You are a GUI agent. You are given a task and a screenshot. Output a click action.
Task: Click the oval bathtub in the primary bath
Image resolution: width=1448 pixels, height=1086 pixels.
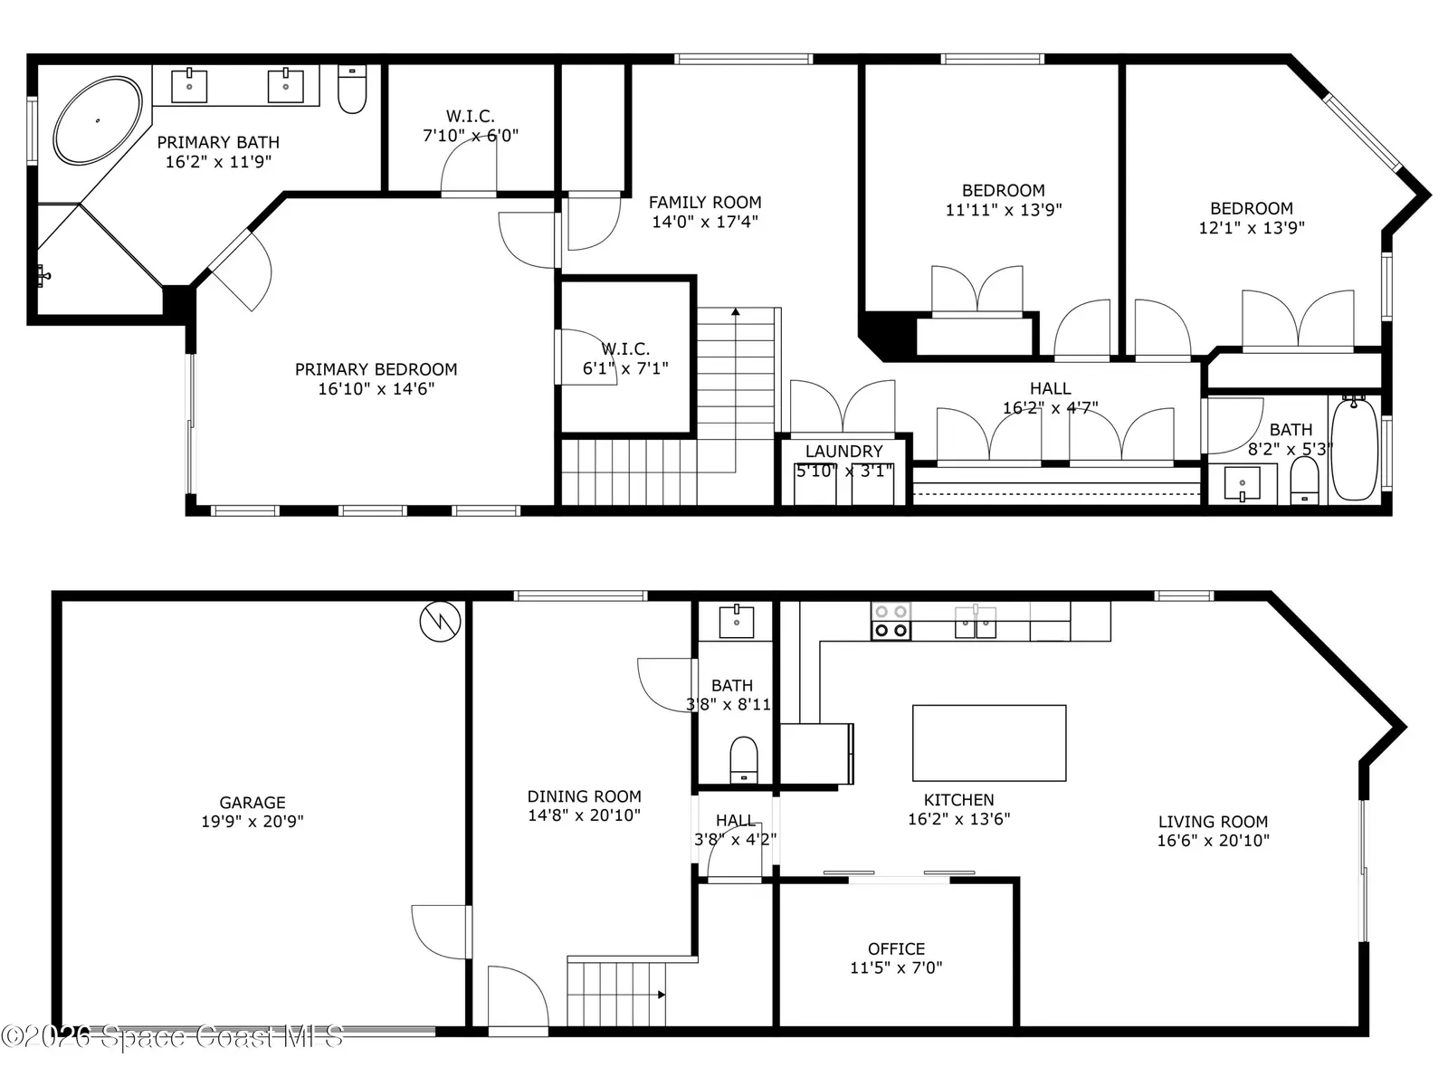[98, 120]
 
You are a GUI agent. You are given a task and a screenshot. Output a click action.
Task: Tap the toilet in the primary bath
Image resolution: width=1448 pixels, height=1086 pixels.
[352, 89]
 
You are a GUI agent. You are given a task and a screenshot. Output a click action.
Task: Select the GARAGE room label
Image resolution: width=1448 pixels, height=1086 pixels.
[252, 803]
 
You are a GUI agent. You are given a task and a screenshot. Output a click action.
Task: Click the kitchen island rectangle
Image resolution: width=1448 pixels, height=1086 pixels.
[989, 743]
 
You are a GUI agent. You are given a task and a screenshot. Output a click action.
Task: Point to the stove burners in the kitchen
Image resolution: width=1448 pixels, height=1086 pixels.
[891, 621]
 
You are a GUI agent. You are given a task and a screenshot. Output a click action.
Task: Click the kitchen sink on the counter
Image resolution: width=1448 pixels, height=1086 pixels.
[976, 622]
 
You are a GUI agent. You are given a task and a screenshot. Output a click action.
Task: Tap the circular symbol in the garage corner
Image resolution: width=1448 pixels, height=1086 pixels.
[440, 621]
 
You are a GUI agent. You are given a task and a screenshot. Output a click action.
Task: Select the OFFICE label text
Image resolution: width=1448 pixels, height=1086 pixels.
[896, 948]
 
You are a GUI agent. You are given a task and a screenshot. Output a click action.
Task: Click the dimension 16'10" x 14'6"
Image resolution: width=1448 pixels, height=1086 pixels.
[376, 389]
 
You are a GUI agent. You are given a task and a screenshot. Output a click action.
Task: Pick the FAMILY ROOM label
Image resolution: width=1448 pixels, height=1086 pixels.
[704, 203]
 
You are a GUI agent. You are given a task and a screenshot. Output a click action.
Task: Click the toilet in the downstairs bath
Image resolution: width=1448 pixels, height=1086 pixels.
[744, 759]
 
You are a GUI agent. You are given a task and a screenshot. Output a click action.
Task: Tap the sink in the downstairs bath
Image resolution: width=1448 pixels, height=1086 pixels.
[736, 621]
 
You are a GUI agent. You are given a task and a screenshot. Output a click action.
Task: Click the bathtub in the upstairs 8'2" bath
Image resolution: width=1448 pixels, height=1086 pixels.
[1354, 448]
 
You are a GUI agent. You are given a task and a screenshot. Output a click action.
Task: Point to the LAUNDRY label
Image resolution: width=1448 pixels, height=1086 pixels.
[843, 452]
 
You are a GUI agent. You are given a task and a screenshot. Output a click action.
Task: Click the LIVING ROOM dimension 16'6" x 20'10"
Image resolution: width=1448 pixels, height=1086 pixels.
[1214, 841]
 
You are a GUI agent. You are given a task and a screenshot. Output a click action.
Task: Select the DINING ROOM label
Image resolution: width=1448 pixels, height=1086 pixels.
[584, 796]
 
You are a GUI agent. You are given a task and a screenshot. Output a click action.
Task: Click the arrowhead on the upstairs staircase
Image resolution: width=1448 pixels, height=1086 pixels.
[736, 311]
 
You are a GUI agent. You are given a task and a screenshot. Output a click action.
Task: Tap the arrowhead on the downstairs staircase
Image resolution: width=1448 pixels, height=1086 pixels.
[661, 995]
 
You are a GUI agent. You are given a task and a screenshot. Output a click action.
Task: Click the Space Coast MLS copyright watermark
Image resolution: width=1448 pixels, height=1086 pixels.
[172, 1036]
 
